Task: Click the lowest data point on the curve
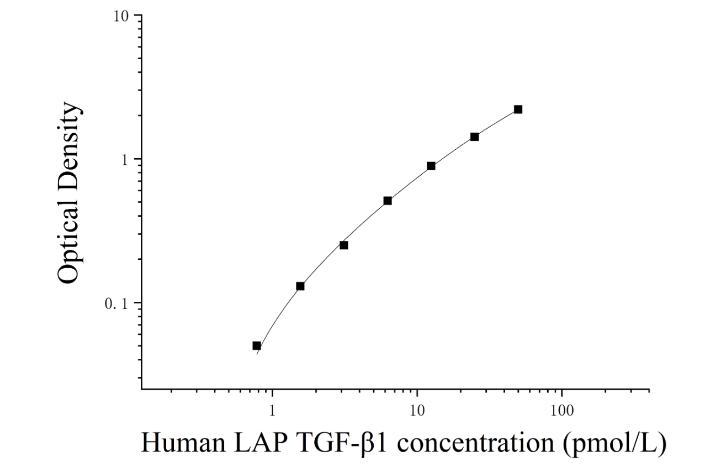coord(257,345)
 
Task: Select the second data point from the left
coord(300,286)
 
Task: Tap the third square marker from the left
coord(344,245)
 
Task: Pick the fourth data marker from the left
coord(388,201)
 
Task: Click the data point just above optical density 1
coord(475,137)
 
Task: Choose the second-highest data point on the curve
coord(475,137)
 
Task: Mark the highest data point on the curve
coord(518,109)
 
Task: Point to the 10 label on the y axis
coord(121,17)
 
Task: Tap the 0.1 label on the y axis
coord(117,304)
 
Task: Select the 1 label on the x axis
coord(272,411)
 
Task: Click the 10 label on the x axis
coord(417,411)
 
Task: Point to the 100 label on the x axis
coord(562,411)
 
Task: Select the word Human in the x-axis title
coord(183,443)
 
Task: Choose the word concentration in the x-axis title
coord(475,444)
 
